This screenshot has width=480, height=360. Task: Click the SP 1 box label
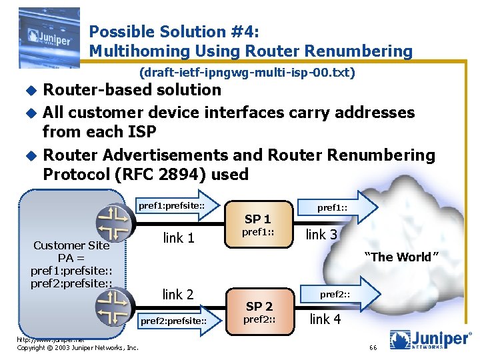(x=257, y=219)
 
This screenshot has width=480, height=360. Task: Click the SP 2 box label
(x=259, y=306)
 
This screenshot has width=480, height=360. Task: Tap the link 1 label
(x=178, y=237)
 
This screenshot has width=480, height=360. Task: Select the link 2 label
(x=178, y=294)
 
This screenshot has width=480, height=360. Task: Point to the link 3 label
(x=321, y=235)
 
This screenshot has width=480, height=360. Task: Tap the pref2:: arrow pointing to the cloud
(x=337, y=294)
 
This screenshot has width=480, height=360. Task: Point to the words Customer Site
(x=71, y=245)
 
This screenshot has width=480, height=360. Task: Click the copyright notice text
(x=77, y=347)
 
